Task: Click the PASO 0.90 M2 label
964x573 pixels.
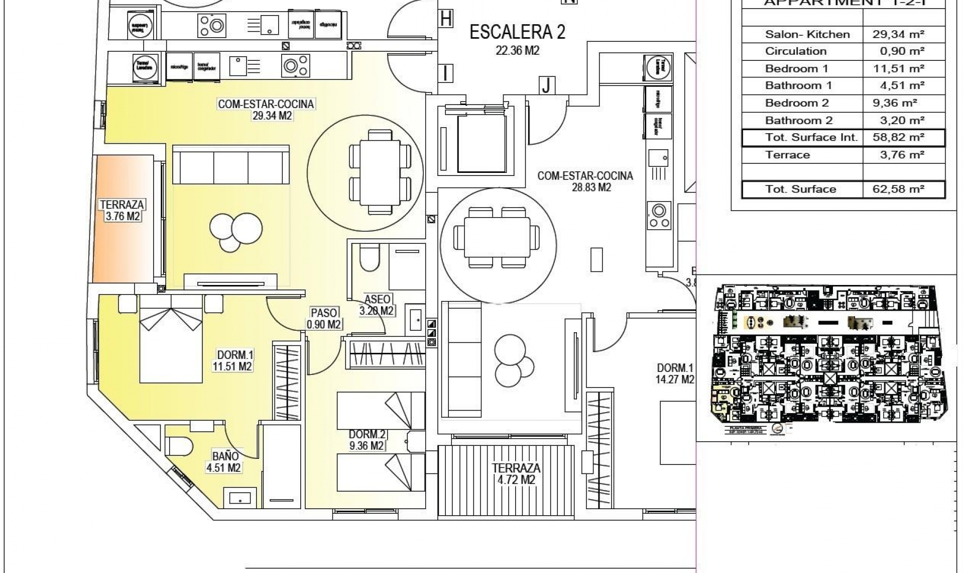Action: [x=324, y=318]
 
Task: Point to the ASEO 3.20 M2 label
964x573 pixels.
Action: [x=377, y=305]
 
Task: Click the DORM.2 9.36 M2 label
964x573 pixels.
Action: [x=367, y=440]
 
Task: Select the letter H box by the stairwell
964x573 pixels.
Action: [x=445, y=20]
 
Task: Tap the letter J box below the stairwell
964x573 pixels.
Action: [x=546, y=86]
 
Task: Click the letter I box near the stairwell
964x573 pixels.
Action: [x=445, y=73]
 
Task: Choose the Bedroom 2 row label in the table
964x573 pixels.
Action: [x=796, y=103]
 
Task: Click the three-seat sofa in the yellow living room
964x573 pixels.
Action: [x=231, y=165]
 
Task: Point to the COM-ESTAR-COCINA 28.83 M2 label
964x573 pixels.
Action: [x=585, y=181]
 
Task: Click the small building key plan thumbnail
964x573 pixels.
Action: [x=826, y=358]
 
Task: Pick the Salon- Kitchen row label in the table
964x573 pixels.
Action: [x=807, y=34]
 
